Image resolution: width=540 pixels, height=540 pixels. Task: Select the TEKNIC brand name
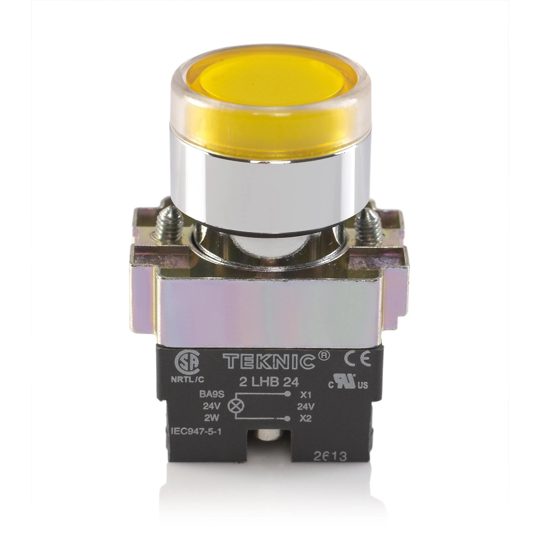(x=269, y=361)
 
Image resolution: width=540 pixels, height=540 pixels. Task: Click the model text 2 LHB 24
(x=269, y=382)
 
